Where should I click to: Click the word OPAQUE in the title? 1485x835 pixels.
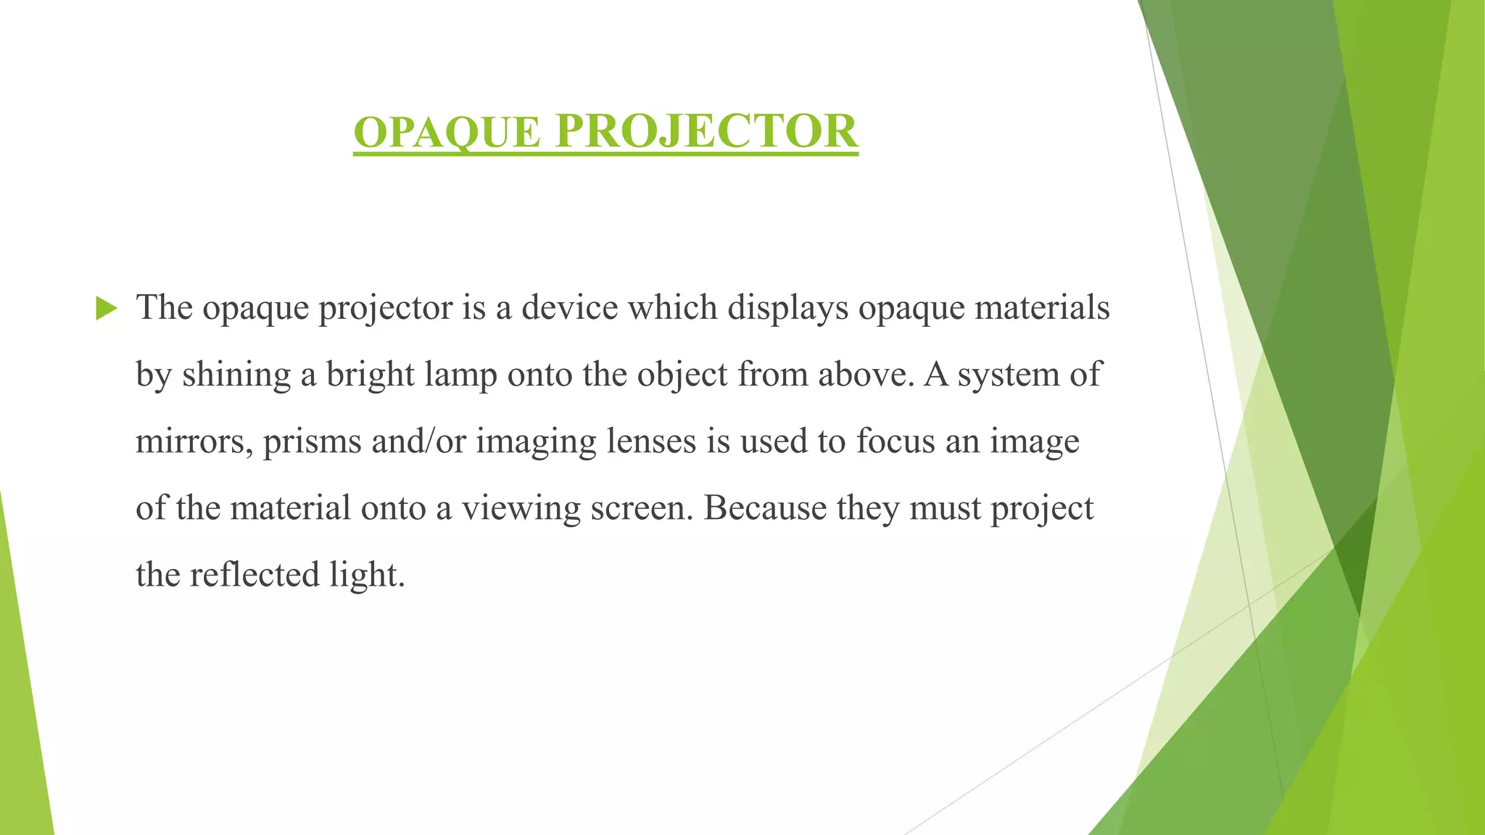coord(447,132)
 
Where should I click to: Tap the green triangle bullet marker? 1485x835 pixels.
coord(106,309)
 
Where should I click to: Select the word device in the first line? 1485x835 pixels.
coord(569,307)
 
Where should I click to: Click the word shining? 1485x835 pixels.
coord(236,375)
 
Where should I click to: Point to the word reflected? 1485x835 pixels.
coord(255,575)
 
